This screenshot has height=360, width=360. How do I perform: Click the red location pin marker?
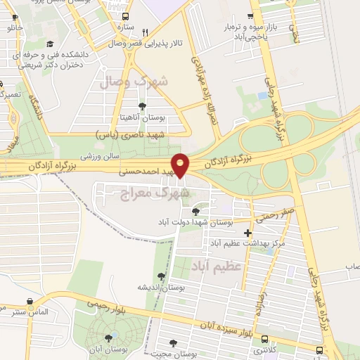coord(181,165)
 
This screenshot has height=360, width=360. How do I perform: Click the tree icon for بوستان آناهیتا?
coord(143,105)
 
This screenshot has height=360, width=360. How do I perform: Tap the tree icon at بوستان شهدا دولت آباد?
coord(195,212)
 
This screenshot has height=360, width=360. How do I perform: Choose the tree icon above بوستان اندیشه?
coord(162,277)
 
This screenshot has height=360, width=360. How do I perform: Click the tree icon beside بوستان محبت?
coord(172,343)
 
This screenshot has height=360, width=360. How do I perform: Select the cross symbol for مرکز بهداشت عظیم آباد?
coord(247,233)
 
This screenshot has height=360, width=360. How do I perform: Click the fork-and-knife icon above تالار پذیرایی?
coord(145,32)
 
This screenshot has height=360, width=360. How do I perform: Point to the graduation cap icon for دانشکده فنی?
coord(50,44)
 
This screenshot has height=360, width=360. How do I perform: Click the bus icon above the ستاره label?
coord(125,16)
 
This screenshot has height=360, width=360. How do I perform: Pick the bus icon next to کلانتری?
coord(319,349)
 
